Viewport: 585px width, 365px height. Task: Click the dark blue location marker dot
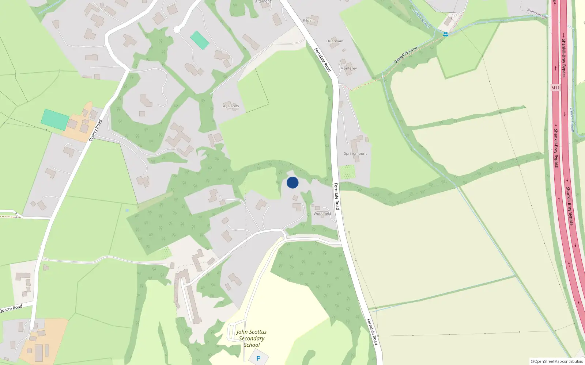point(292,182)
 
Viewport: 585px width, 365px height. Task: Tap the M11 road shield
point(555,88)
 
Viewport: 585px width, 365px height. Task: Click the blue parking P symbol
point(258,358)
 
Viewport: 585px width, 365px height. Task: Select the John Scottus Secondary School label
point(252,338)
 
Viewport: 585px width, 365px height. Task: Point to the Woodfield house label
point(322,214)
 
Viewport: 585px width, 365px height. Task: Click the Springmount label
point(355,154)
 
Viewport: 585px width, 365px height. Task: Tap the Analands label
point(231,106)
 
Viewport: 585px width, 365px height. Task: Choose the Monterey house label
point(348,68)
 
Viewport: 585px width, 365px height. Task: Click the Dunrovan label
point(335,41)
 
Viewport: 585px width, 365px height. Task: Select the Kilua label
point(307,20)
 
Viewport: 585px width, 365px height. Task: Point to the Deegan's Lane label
point(405,55)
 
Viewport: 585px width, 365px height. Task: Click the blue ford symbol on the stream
point(446,34)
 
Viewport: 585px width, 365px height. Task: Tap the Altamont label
point(263,1)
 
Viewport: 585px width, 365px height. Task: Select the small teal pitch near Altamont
point(200,40)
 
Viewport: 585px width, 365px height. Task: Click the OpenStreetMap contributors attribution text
point(556,361)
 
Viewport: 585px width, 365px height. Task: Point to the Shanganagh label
point(537,14)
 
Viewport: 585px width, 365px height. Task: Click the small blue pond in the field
point(127,211)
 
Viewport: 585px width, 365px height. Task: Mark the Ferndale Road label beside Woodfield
point(337,196)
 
